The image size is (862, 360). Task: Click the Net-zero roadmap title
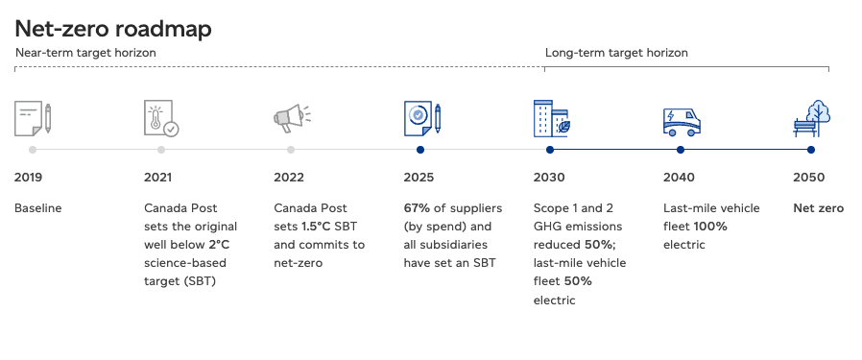[112, 29]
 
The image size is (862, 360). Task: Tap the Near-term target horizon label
[85, 53]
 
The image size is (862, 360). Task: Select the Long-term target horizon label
[616, 53]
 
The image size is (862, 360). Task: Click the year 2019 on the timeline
[28, 178]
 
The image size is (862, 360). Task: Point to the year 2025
[419, 178]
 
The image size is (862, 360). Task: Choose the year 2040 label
[679, 178]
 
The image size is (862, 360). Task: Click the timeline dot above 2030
[550, 150]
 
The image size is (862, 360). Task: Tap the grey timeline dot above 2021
[161, 150]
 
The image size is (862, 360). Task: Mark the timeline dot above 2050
[811, 150]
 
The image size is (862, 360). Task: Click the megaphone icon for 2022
[292, 118]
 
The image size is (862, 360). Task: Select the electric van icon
[682, 122]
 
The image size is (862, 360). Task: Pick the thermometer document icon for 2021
[161, 118]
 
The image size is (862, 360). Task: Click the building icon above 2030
[552, 118]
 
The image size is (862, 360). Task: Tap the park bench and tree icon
[811, 118]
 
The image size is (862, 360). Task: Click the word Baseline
[38, 208]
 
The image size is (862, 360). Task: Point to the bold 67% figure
[417, 208]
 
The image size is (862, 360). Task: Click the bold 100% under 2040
[710, 227]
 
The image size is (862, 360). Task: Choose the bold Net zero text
[818, 208]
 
